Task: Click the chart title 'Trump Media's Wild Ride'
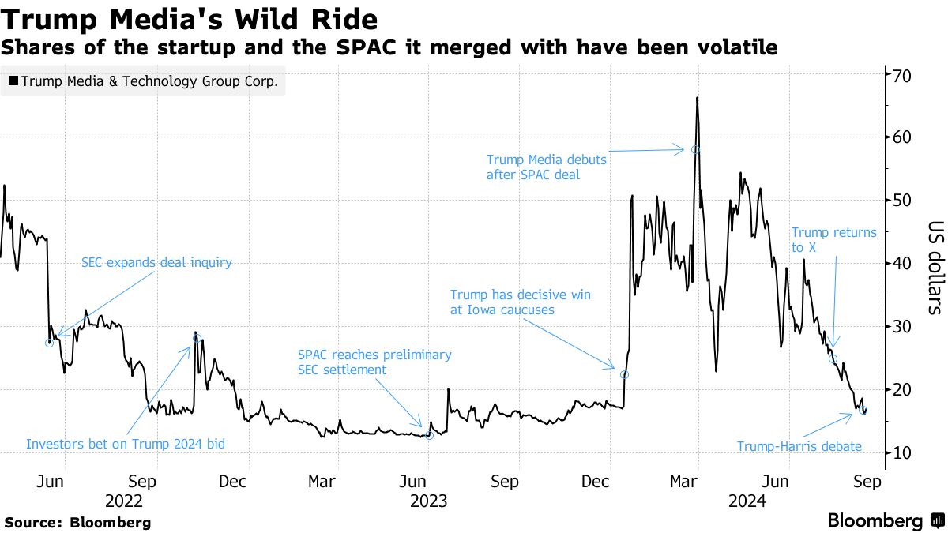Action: (190, 18)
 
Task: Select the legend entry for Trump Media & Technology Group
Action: (143, 82)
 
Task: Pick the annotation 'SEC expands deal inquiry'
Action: (156, 262)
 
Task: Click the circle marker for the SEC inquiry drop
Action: (50, 343)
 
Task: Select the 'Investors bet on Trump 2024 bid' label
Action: (126, 444)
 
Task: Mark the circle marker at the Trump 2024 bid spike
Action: (197, 338)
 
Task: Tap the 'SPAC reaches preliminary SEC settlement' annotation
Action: (374, 362)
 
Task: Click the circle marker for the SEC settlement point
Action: (429, 435)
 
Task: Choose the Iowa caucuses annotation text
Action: (520, 302)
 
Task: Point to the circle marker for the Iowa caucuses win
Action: (624, 374)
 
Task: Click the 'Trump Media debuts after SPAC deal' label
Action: (546, 167)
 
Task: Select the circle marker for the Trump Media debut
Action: (695, 149)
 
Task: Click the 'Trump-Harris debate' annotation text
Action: (799, 446)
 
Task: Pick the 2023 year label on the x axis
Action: (427, 500)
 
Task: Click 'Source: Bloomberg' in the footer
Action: (77, 522)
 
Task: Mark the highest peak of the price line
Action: (698, 98)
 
